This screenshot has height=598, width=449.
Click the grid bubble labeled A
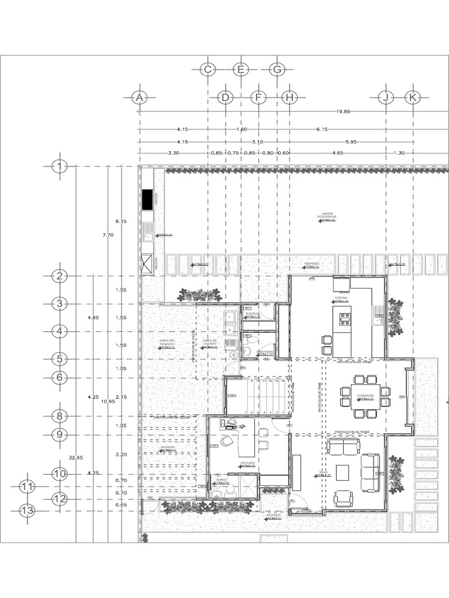[139, 98]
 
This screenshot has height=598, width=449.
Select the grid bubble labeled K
[413, 98]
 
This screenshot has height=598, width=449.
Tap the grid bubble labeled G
[277, 69]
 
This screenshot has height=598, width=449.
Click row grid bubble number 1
[60, 167]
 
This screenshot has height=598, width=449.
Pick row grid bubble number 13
[27, 510]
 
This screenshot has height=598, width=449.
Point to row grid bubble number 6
[60, 378]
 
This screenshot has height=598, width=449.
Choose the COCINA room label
[341, 298]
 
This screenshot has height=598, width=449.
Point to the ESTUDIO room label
[248, 463]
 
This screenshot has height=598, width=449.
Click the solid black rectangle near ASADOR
[148, 199]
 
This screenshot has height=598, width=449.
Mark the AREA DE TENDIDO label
[168, 342]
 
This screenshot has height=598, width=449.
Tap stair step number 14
[283, 381]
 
